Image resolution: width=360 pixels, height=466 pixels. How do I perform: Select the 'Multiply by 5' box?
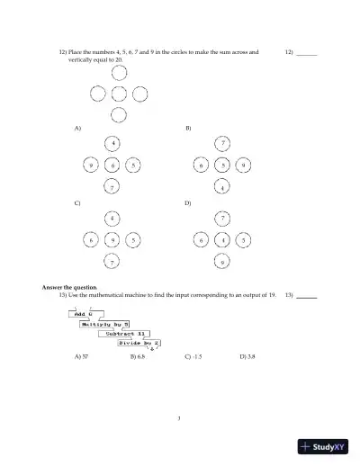click(106, 324)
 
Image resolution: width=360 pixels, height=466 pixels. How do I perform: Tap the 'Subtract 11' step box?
click(124, 334)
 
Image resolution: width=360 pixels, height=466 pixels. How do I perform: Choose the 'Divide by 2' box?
click(139, 344)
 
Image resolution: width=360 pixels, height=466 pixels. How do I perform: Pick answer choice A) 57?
click(81, 357)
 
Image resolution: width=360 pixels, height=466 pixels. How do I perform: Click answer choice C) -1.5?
click(193, 357)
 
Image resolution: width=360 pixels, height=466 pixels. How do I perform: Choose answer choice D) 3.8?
click(247, 357)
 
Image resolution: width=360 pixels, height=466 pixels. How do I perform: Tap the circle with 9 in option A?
click(92, 166)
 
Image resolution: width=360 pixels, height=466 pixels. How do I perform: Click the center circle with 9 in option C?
click(112, 241)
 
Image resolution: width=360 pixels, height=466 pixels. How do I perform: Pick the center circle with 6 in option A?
click(112, 166)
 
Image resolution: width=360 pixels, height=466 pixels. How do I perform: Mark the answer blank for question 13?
click(307, 297)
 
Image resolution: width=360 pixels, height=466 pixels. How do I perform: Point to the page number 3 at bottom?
click(180, 417)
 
